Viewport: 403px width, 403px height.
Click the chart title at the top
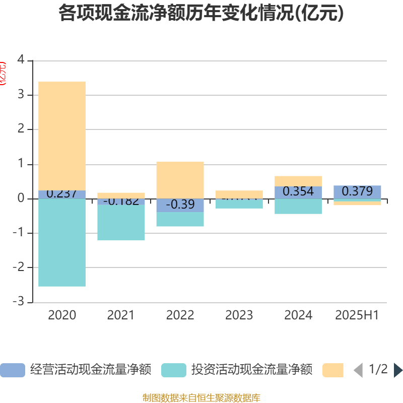(x=201, y=14)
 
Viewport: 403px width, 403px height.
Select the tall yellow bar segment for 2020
(x=62, y=136)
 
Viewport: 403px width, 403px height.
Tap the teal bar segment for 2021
(x=121, y=223)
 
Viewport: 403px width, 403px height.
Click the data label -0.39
(x=180, y=205)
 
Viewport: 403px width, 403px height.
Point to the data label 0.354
(x=298, y=192)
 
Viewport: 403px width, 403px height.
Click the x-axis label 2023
(x=239, y=315)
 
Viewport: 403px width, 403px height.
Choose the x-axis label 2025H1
(x=357, y=315)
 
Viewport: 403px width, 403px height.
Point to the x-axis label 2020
(x=62, y=315)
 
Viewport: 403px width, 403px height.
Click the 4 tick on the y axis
(x=21, y=59)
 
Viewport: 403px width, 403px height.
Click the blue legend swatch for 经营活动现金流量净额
(x=12, y=370)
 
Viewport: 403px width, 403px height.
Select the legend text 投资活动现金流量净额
(x=251, y=370)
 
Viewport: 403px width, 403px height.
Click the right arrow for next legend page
(x=397, y=370)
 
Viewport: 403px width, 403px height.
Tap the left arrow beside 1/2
(x=358, y=370)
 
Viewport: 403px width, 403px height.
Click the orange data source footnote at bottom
(x=201, y=397)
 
